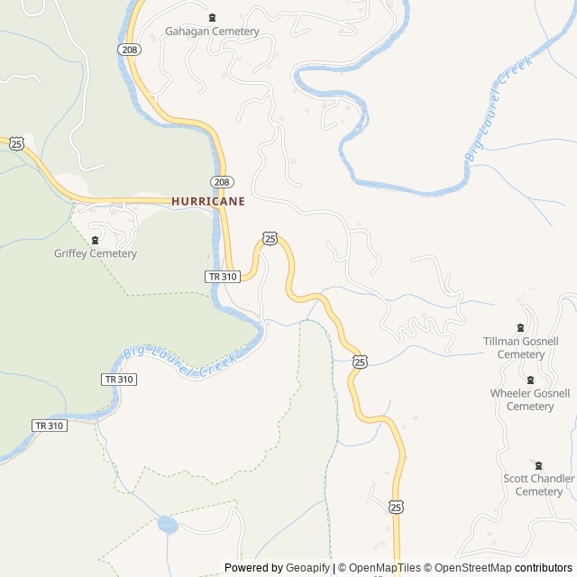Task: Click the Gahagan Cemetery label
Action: pos(212,32)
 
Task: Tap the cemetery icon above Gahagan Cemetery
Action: pos(213,18)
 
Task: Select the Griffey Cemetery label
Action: pos(96,253)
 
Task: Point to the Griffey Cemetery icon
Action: pos(96,240)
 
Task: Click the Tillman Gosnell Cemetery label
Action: pos(521,348)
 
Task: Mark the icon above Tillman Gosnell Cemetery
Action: pos(520,327)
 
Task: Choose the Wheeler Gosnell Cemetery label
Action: pos(530,399)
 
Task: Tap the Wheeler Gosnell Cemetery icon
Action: pos(530,380)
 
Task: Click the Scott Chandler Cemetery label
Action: pos(539,485)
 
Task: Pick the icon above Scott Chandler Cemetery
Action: pos(539,465)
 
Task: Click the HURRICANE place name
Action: pos(208,202)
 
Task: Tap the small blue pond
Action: pos(167,524)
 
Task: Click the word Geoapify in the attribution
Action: pos(308,568)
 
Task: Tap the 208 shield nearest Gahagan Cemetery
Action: pos(129,50)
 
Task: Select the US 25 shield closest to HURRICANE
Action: pos(270,238)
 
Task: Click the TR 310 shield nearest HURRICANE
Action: pos(222,277)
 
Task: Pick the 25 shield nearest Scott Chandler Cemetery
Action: pos(397,508)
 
